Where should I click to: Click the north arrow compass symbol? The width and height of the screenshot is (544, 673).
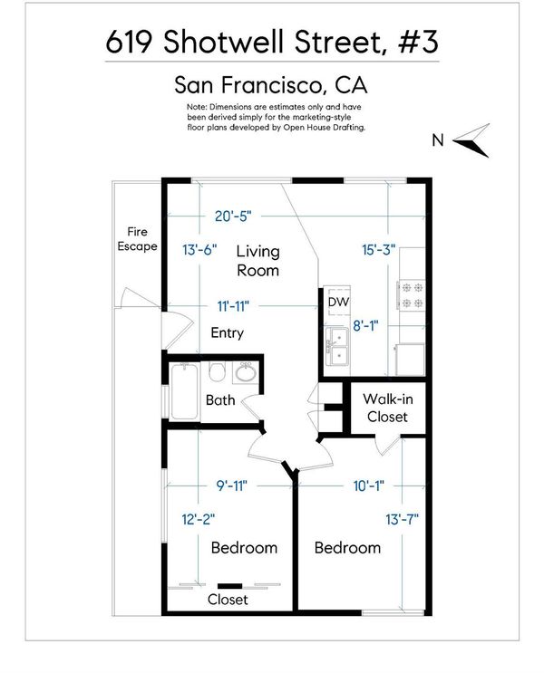[x=471, y=140]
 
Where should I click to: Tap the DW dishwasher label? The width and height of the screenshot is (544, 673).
[x=338, y=303]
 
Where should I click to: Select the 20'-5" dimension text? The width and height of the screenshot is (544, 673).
[x=233, y=216]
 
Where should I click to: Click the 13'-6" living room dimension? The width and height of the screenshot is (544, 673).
[x=199, y=249]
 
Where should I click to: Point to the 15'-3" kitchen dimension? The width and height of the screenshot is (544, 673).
[x=379, y=249]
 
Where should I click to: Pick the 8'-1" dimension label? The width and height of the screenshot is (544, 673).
[x=365, y=326]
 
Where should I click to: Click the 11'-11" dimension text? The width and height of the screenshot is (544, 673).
[x=233, y=306]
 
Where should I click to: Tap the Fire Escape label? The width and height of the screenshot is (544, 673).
[x=137, y=239]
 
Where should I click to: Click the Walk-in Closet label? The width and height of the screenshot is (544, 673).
[x=387, y=408]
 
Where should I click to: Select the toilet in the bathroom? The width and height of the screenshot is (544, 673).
[x=218, y=371]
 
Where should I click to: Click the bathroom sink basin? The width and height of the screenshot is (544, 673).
[x=246, y=373]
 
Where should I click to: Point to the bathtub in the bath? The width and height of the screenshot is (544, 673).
[x=185, y=391]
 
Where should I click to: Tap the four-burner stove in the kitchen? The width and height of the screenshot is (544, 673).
[x=412, y=295]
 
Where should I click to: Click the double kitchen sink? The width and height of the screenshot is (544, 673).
[x=337, y=346]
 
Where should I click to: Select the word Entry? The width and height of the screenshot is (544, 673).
[x=228, y=333]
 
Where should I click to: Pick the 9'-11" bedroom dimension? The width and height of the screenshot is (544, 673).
[x=232, y=486]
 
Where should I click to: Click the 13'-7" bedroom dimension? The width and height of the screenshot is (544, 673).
[x=403, y=519]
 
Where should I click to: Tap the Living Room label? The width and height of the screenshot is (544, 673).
[x=257, y=261]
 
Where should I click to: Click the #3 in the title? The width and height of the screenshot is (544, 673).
[x=419, y=42]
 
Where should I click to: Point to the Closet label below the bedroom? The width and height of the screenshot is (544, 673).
[x=228, y=600]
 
